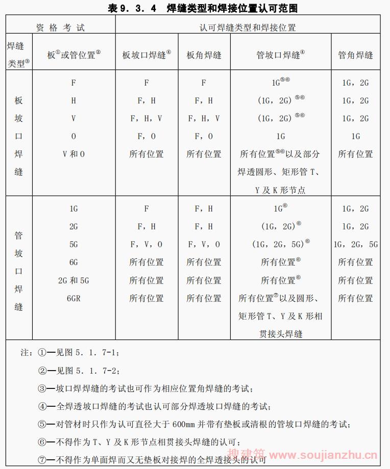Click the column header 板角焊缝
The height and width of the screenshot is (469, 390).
click(204, 55)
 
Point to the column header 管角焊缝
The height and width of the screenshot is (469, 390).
click(355, 55)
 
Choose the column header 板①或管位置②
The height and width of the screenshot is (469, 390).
click(74, 55)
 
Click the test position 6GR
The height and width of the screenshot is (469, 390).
click(74, 298)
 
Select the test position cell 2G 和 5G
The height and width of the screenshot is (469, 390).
click(74, 280)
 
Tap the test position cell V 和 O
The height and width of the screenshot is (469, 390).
click(74, 154)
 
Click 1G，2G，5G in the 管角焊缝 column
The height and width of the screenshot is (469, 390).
click(356, 244)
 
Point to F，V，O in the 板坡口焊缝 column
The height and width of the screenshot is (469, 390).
click(147, 244)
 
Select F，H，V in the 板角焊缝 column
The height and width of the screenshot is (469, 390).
click(204, 118)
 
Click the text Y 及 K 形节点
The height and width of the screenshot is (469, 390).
click(280, 190)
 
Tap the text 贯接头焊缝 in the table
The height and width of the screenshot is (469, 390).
click(280, 334)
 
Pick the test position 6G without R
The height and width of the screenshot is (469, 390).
click(74, 263)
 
